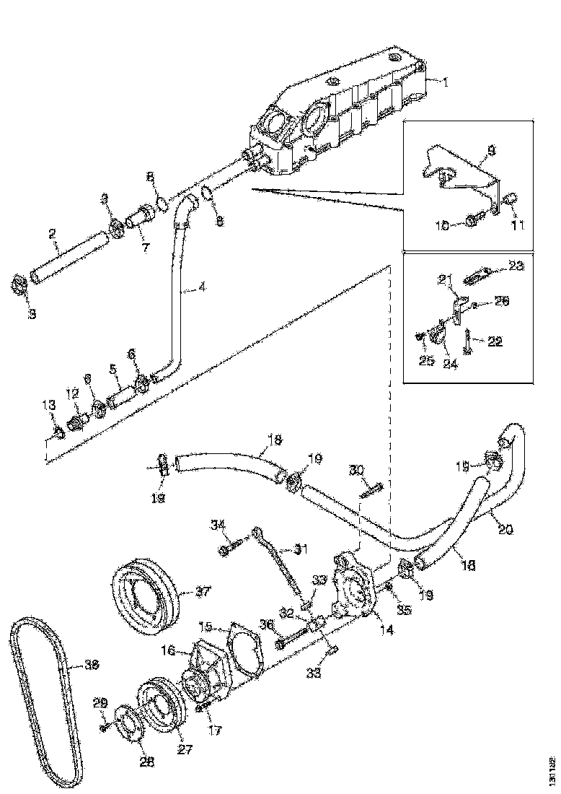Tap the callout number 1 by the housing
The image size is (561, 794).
(x=445, y=82)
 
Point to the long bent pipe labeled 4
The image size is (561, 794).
(x=180, y=303)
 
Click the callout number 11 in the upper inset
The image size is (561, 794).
(x=518, y=224)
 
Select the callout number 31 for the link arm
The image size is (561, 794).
(x=300, y=549)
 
